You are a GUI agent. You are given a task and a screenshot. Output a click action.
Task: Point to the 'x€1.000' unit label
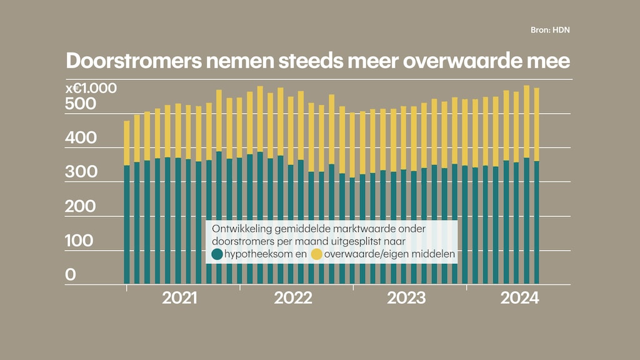(x=91, y=88)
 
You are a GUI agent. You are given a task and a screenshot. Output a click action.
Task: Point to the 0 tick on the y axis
(x=71, y=275)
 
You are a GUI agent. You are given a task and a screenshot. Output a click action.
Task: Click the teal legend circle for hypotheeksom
(x=217, y=254)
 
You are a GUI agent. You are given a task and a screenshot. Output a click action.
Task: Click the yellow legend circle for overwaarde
(x=316, y=254)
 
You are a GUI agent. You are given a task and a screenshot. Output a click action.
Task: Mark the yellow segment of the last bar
(x=536, y=124)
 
